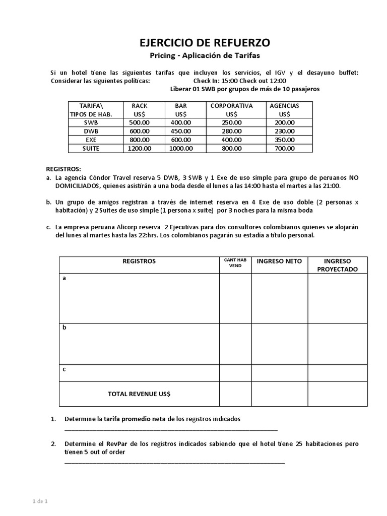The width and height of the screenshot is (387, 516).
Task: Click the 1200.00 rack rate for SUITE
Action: (139, 148)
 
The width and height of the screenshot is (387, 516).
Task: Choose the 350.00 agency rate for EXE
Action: (284, 140)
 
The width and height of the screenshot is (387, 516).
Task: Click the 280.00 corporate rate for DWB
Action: (231, 131)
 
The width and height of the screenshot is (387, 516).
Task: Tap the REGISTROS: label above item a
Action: (63, 169)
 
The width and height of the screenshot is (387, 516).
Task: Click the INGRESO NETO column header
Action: (279, 261)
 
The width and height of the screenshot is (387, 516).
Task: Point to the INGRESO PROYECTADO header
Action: (337, 265)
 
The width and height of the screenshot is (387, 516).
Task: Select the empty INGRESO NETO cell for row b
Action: (279, 344)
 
